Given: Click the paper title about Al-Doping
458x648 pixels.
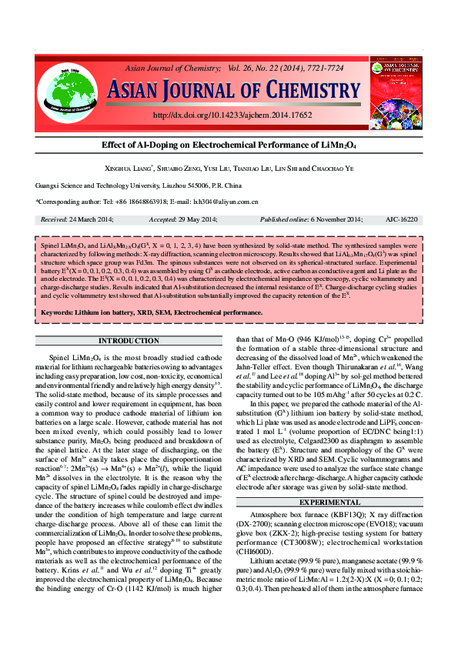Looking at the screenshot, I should point(229,144).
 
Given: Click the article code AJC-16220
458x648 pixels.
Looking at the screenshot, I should point(401,219).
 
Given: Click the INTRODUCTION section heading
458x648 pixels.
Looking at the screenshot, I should point(129,340).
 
